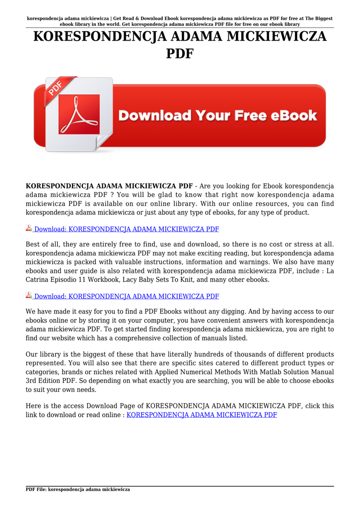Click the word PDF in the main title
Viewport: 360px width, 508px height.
click(180, 54)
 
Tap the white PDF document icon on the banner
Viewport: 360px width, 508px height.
click(79, 115)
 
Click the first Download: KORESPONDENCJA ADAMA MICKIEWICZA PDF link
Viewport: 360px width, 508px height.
click(126, 229)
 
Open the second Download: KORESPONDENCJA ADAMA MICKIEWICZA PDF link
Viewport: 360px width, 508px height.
click(126, 296)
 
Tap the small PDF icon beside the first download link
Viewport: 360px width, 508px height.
click(29, 229)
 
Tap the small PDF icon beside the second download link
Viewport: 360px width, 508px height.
click(29, 296)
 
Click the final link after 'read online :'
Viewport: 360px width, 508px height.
click(202, 414)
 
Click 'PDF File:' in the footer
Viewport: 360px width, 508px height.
click(36, 490)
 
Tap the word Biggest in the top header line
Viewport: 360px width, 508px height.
click(319, 18)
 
